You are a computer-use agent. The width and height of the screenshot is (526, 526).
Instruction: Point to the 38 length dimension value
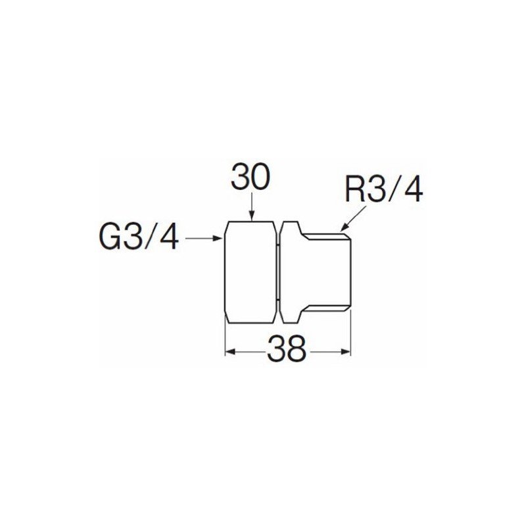tap(287, 350)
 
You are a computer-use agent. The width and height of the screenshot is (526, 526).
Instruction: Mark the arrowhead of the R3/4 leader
tap(343, 228)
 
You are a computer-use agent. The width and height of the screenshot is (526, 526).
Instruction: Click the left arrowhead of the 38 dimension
tap(230, 350)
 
